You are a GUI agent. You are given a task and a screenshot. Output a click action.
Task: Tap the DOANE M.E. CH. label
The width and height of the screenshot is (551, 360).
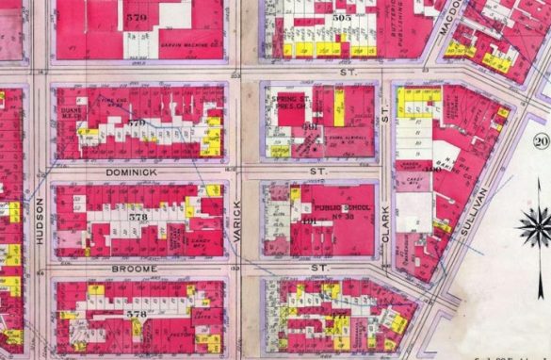[x=70, y=109]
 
